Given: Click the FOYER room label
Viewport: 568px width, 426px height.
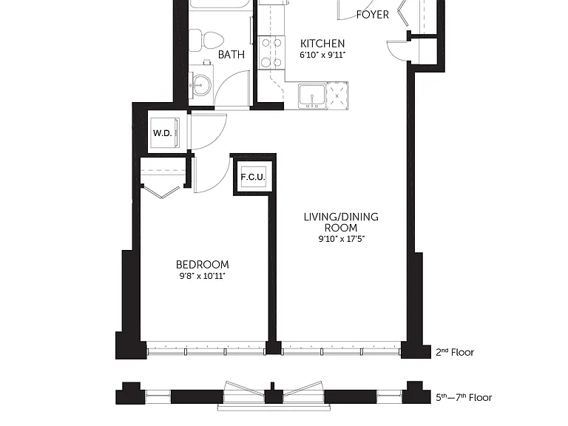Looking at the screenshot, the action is click(373, 15).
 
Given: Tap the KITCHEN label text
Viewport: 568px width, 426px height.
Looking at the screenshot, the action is click(322, 44).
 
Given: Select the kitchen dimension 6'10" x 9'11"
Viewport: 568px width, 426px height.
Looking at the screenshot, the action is click(322, 55).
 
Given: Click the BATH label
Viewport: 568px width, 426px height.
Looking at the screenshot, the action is click(231, 54).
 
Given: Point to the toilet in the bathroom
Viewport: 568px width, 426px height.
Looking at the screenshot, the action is click(206, 40).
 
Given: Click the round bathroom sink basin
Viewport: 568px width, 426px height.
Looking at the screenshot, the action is click(201, 85).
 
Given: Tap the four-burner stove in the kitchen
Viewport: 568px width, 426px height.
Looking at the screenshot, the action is click(271, 53).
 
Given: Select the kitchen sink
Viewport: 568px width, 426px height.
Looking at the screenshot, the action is click(312, 96).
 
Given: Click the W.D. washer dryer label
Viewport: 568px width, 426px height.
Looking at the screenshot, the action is click(162, 133).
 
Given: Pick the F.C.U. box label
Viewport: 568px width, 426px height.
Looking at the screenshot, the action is click(253, 177).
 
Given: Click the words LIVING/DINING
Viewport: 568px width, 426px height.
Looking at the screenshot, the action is click(341, 217).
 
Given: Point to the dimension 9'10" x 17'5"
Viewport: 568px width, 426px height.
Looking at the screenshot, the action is click(341, 239).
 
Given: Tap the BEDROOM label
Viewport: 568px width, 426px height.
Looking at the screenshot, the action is click(202, 265).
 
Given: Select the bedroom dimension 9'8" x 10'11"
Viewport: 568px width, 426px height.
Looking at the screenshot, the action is click(202, 276).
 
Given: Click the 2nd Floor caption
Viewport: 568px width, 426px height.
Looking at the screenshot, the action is click(455, 352).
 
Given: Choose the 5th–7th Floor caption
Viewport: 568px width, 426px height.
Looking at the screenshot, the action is click(464, 397).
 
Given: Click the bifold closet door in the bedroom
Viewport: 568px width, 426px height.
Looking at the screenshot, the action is click(161, 192).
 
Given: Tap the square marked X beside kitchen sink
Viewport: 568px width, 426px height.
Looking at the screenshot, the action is click(337, 96).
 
